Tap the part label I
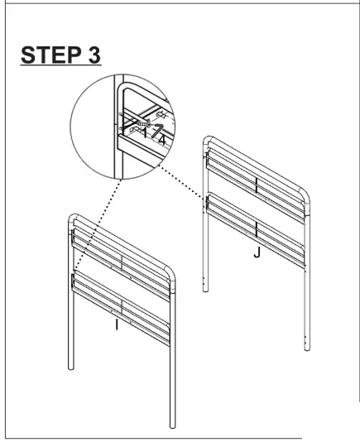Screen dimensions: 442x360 coord(117,325)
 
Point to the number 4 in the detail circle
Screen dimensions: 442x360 coord(164,139)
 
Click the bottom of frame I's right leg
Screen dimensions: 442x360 coord(172,425)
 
